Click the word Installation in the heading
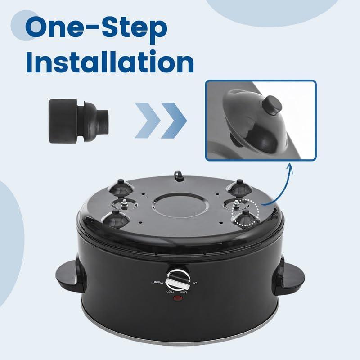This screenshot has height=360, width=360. pos(110,62)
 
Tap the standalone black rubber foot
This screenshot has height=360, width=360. pos(78,121)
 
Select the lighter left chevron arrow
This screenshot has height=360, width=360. pos(148,121)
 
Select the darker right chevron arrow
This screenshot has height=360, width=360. pos(174,121)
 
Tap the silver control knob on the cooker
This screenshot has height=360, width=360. pos(178,279)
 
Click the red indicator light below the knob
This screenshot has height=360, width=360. pos(178,298)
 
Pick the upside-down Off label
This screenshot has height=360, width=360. pos(194,283)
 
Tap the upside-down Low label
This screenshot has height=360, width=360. pos(183,292)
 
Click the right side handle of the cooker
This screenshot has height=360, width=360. pos(290,275)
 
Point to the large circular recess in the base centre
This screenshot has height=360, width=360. pos(181,204)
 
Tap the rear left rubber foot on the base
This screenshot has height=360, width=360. pos(121,188)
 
